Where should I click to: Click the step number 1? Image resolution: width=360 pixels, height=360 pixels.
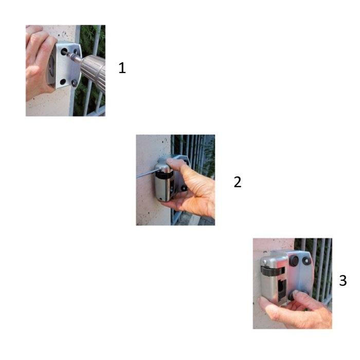(x=122, y=68)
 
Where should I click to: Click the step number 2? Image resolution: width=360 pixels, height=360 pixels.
(x=238, y=182)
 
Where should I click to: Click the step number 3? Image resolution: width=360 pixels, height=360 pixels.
(x=343, y=281)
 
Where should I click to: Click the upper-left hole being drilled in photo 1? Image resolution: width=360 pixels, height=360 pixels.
(x=64, y=51)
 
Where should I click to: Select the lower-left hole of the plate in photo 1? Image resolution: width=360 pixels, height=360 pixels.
(x=63, y=82)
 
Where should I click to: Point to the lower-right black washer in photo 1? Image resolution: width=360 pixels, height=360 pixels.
(x=74, y=83)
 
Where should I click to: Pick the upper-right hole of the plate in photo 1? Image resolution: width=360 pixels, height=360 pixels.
(x=76, y=51)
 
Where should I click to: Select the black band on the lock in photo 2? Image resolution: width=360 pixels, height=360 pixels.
(x=164, y=175)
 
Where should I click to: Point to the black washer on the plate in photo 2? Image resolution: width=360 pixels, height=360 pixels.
(x=184, y=188)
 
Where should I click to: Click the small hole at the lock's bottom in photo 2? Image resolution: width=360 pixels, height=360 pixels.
(x=161, y=199)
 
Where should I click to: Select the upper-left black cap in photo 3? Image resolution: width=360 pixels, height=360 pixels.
(x=294, y=261)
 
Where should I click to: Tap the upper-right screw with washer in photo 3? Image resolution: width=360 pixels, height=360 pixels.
(x=306, y=261)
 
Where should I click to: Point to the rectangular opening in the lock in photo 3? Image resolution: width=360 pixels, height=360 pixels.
(x=282, y=290)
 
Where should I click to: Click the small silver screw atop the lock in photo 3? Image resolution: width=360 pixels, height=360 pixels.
(x=265, y=261)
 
